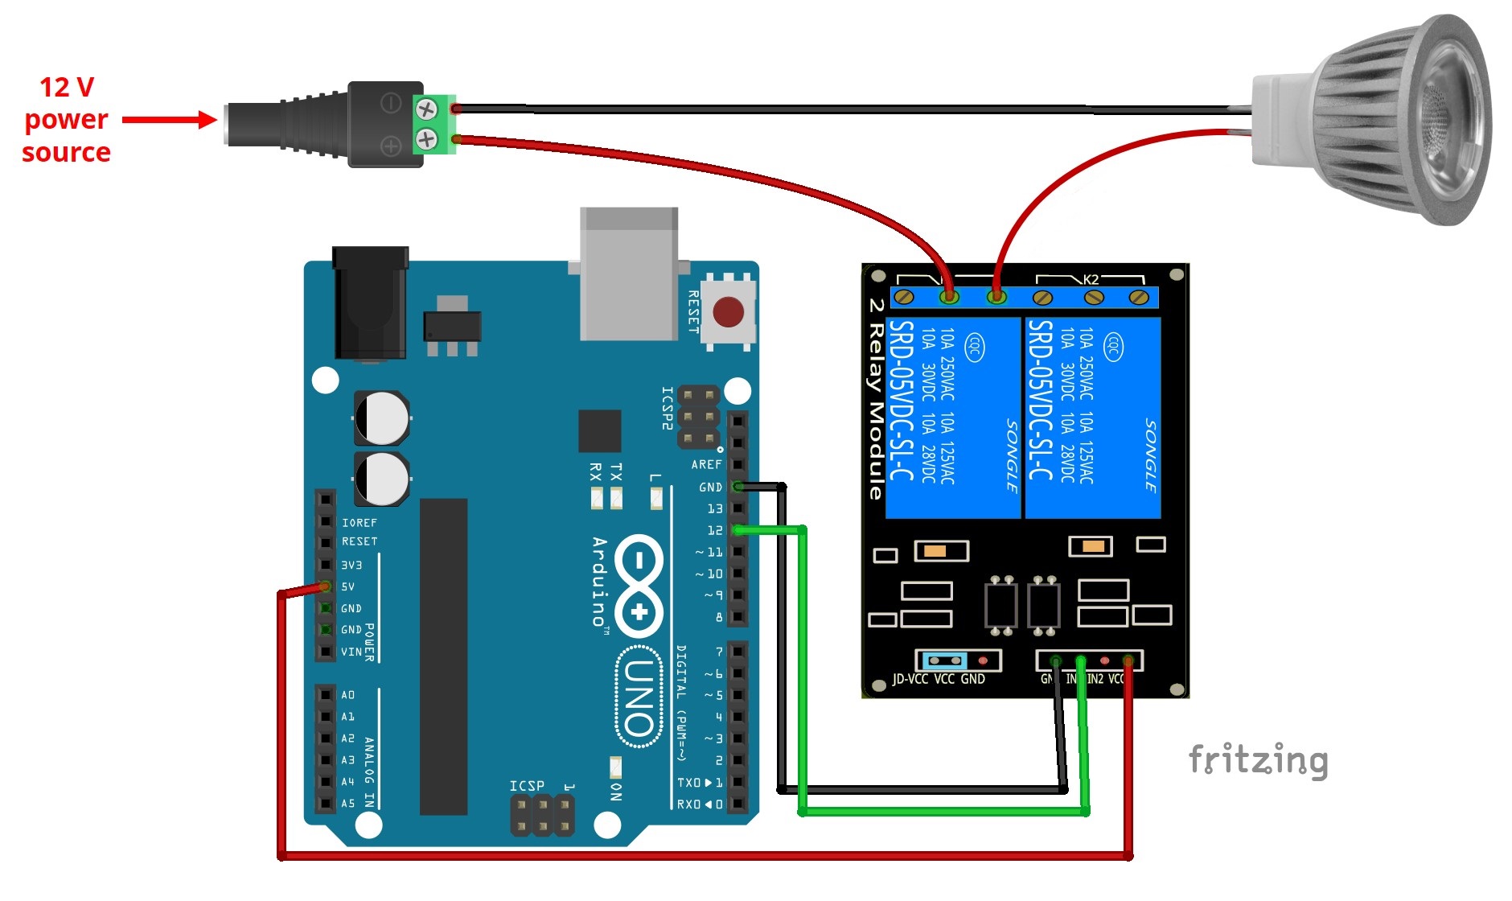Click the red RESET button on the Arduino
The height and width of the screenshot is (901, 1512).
728,312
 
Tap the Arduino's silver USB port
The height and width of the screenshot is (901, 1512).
629,274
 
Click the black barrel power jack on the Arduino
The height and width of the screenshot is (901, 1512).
370,302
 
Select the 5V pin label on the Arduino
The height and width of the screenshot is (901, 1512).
347,586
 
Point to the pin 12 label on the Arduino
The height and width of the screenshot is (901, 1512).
714,530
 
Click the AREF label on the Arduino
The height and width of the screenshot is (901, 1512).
706,464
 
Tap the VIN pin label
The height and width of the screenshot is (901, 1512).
351,652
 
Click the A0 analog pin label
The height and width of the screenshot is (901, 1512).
347,694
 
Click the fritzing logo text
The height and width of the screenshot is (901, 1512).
1258,760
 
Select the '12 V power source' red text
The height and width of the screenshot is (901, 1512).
66,119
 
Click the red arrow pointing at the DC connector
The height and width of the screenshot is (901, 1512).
169,121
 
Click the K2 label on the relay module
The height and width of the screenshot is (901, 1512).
1091,279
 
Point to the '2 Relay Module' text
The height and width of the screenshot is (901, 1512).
876,399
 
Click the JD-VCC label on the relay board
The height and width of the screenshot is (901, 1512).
910,679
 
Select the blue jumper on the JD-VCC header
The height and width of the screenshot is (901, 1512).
944,660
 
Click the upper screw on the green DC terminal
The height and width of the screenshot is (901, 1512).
425,108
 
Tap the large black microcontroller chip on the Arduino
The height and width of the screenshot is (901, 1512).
443,656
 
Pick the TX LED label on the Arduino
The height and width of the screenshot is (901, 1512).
616,471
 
